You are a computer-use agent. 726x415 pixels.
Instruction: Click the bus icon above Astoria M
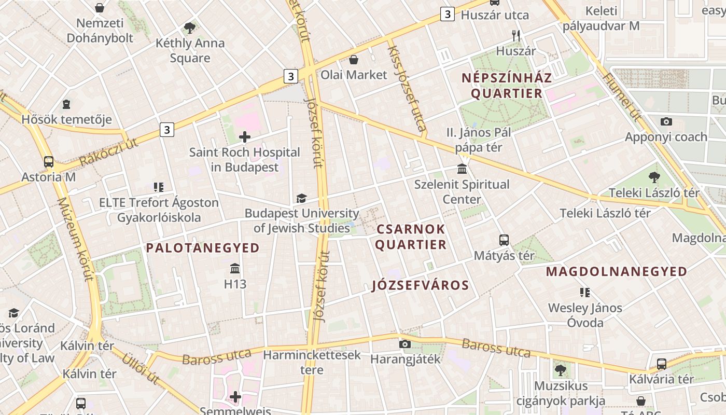[49, 161]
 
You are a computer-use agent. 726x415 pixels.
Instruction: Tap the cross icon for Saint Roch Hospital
[244, 137]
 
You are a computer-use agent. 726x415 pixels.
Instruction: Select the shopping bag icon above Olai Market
[354, 60]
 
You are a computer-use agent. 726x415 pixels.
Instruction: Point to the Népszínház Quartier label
[502, 86]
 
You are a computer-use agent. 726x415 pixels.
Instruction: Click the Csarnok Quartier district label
[411, 237]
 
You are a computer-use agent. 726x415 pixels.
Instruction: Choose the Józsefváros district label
[421, 285]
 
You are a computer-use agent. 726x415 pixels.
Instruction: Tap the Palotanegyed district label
[203, 248]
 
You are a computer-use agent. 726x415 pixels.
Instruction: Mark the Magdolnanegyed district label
[616, 271]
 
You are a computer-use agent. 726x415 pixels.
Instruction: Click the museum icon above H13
[235, 268]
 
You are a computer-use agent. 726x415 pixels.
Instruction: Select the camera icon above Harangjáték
[405, 343]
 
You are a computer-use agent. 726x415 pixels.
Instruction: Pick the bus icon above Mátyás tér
[504, 240]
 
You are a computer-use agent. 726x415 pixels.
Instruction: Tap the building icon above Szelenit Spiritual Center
[462, 169]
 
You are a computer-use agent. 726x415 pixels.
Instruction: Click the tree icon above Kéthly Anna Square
[190, 28]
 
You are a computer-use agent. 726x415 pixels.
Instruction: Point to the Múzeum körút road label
[75, 238]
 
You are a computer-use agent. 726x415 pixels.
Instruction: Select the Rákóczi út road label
[109, 152]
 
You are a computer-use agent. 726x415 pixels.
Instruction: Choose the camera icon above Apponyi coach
[666, 121]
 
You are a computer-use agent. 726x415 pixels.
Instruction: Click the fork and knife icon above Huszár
[515, 35]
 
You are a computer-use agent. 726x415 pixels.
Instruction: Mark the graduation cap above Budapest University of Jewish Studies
[301, 198]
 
